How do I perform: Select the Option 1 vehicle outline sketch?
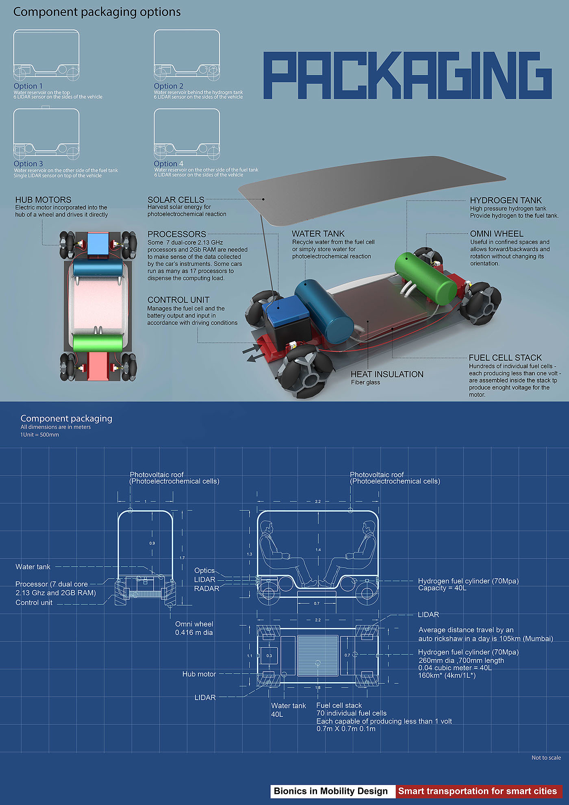pyautogui.click(x=46, y=55)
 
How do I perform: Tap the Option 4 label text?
pyautogui.click(x=168, y=163)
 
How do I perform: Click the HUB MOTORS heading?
pyautogui.click(x=43, y=200)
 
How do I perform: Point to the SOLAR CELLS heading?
pyautogui.click(x=176, y=200)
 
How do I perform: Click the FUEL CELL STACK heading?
pyautogui.click(x=505, y=357)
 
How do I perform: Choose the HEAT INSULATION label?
pyautogui.click(x=387, y=374)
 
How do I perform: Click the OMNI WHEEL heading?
pyautogui.click(x=496, y=234)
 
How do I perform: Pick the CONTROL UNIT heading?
pyautogui.click(x=178, y=300)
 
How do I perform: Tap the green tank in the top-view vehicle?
pyautogui.click(x=98, y=342)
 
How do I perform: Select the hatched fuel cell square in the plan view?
pyautogui.click(x=318, y=655)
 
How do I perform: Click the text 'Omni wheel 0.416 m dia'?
pyautogui.click(x=194, y=628)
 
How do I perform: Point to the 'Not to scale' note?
pyautogui.click(x=546, y=757)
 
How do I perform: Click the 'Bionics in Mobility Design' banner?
pyautogui.click(x=331, y=791)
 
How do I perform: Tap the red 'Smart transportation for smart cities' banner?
pyautogui.click(x=477, y=791)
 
